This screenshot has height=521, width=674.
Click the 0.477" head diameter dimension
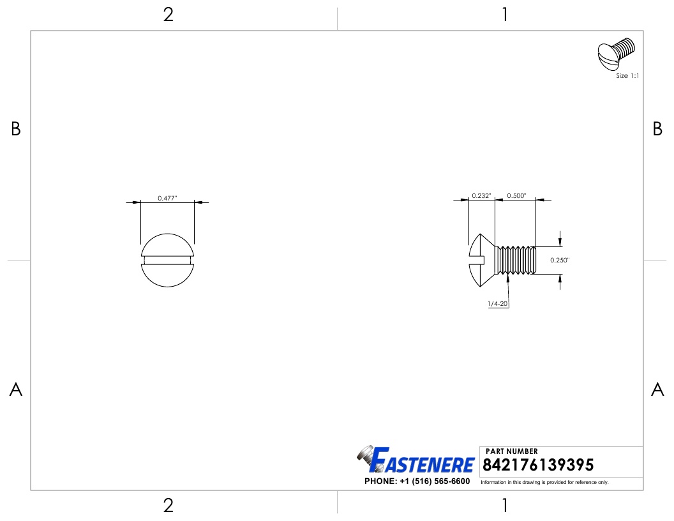(x=167, y=198)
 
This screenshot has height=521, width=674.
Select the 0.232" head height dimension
(x=481, y=195)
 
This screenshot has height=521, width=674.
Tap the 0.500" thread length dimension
(x=516, y=195)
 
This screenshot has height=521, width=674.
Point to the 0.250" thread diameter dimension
(x=560, y=260)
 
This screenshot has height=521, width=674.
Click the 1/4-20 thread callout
(x=498, y=303)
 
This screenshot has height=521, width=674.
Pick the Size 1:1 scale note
(x=627, y=75)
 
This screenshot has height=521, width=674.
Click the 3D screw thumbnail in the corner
(x=615, y=54)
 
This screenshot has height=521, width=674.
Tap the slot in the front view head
(x=167, y=260)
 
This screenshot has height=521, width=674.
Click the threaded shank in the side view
(x=515, y=260)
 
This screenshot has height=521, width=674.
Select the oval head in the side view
(x=479, y=260)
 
